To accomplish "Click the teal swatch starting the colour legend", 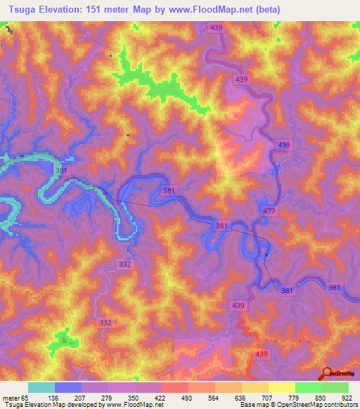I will [x=41, y=387].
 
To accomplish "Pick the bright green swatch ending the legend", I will [x=335, y=387].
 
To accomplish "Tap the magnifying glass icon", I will [x=328, y=374].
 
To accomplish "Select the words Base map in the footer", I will [x=252, y=405].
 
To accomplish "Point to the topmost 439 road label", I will [x=217, y=27].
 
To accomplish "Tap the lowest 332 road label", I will [x=105, y=323].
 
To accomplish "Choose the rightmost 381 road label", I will [x=335, y=287].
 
